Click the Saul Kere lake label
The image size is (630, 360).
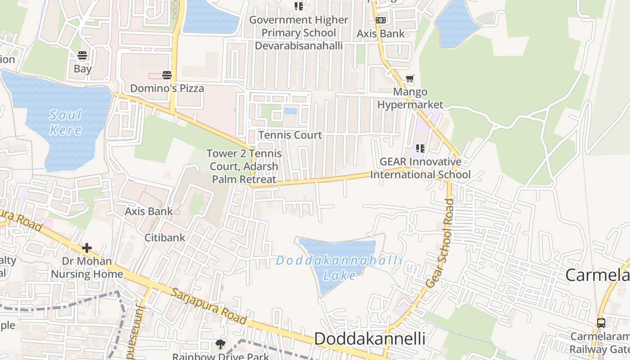click(66, 122)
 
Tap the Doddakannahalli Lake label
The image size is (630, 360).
click(339, 268)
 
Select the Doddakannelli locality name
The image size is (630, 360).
click(369, 339)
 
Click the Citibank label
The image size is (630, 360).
click(165, 238)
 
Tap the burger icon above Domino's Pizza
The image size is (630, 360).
click(167, 75)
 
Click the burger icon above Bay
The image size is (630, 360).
click(82, 56)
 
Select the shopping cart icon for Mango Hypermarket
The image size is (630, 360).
click(409, 79)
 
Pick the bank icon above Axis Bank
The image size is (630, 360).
click(381, 20)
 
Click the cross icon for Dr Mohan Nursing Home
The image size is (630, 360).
click(86, 247)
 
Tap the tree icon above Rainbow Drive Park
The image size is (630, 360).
click(220, 344)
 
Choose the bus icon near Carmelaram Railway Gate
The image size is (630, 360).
click(601, 323)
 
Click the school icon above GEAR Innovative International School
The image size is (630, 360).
click(420, 148)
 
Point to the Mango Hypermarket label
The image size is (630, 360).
click(410, 99)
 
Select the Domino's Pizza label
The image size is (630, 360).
click(167, 88)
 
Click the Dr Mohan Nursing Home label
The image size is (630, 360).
click(87, 267)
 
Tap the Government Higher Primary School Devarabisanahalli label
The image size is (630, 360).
click(299, 33)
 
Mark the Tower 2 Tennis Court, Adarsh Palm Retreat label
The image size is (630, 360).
click(244, 166)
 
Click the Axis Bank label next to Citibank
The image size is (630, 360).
click(148, 211)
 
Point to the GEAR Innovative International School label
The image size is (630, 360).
click(420, 168)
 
